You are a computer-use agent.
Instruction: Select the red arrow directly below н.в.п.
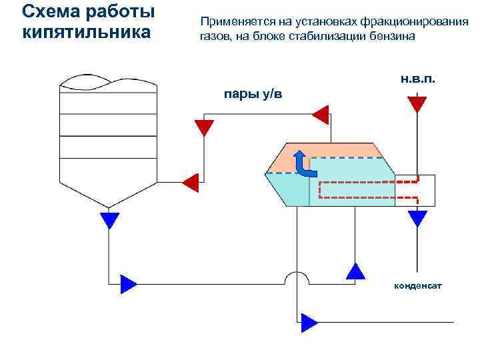[417, 104]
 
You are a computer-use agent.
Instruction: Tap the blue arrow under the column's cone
[109, 219]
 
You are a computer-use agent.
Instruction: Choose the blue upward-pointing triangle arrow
[356, 270]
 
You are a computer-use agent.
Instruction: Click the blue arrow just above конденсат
[417, 217]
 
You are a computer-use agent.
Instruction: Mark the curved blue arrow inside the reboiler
[303, 164]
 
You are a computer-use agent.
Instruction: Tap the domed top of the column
[109, 81]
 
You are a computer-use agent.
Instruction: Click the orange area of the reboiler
[283, 160]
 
